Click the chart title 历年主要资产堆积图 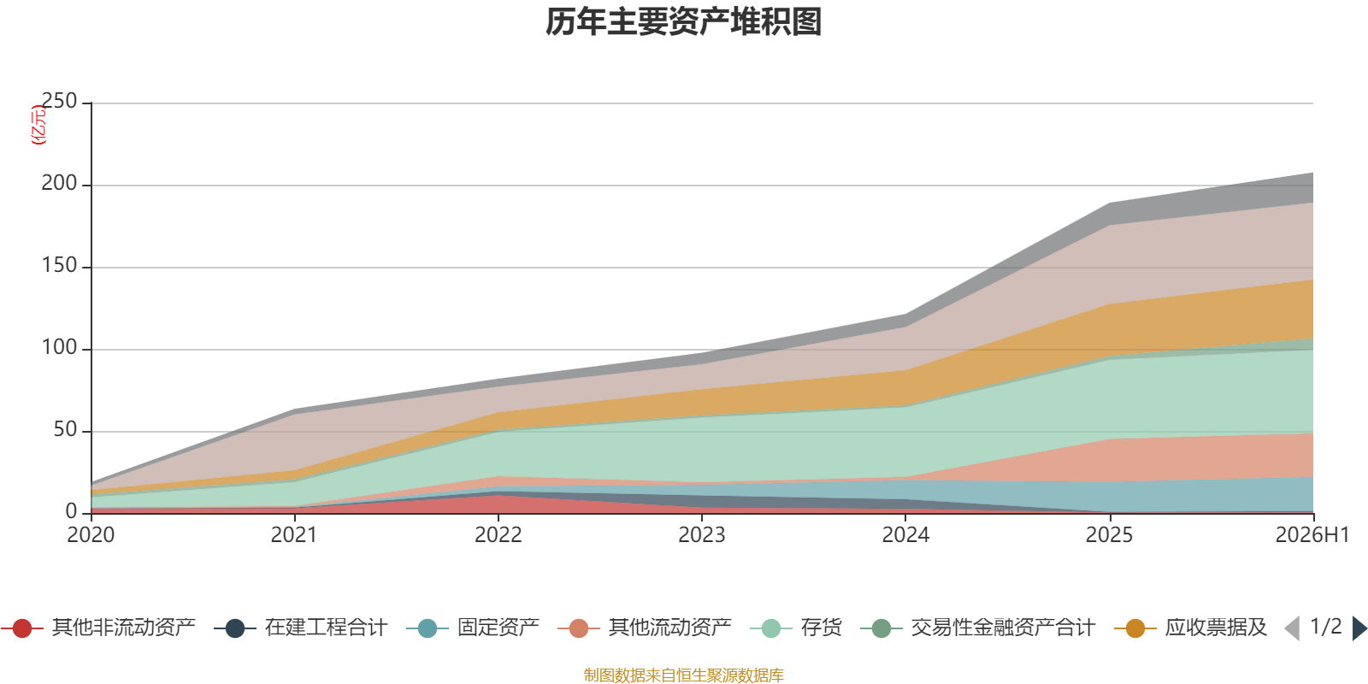(x=683, y=22)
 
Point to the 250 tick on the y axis (x=59, y=101)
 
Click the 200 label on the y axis (x=59, y=183)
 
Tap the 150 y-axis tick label (x=59, y=265)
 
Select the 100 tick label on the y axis (x=59, y=347)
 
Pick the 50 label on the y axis (x=65, y=429)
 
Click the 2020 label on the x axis (x=91, y=535)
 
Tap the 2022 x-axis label (x=498, y=535)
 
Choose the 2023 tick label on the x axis (x=702, y=535)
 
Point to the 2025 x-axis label (x=1109, y=535)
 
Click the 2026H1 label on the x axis (x=1312, y=535)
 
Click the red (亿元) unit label (x=38, y=125)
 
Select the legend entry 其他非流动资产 (x=98, y=628)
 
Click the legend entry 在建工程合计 (x=301, y=628)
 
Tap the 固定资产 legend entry (x=473, y=628)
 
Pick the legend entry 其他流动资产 (x=645, y=628)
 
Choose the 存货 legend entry (x=796, y=628)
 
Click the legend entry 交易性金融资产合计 (x=978, y=628)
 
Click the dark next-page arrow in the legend (x=1359, y=628)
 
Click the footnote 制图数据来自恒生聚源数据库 (x=683, y=675)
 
